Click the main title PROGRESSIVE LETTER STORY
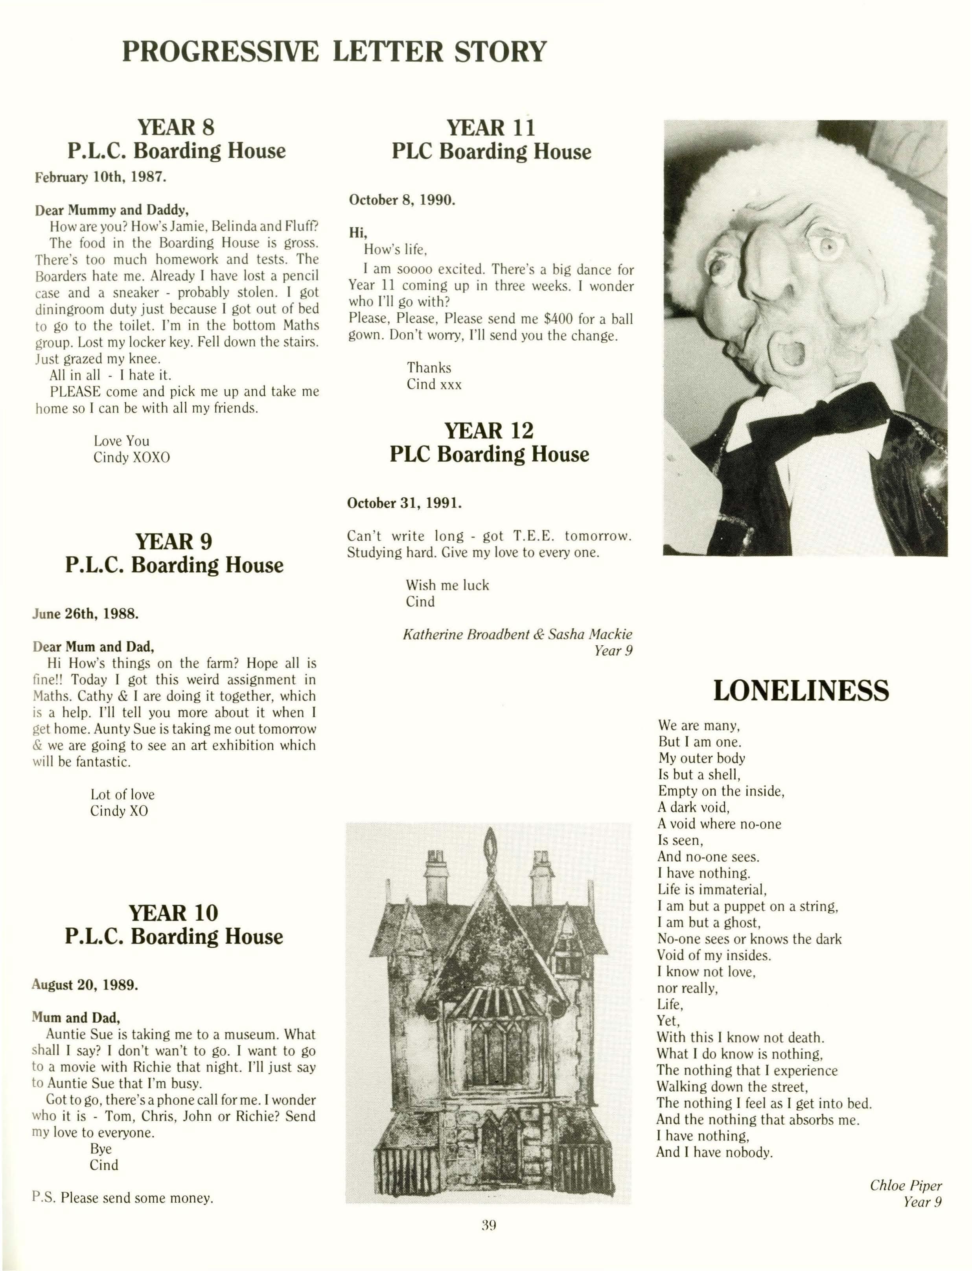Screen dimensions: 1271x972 point(334,52)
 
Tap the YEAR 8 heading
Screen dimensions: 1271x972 point(176,127)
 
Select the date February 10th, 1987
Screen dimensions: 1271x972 point(101,177)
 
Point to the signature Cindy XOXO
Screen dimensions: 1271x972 point(132,458)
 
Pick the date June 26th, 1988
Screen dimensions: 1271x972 point(86,614)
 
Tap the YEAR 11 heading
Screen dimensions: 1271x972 point(491,127)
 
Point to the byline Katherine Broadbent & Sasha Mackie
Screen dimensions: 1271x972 point(517,635)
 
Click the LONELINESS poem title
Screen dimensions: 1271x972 point(801,691)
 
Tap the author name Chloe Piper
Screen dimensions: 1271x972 point(906,1185)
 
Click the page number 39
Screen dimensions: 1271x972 point(489,1225)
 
